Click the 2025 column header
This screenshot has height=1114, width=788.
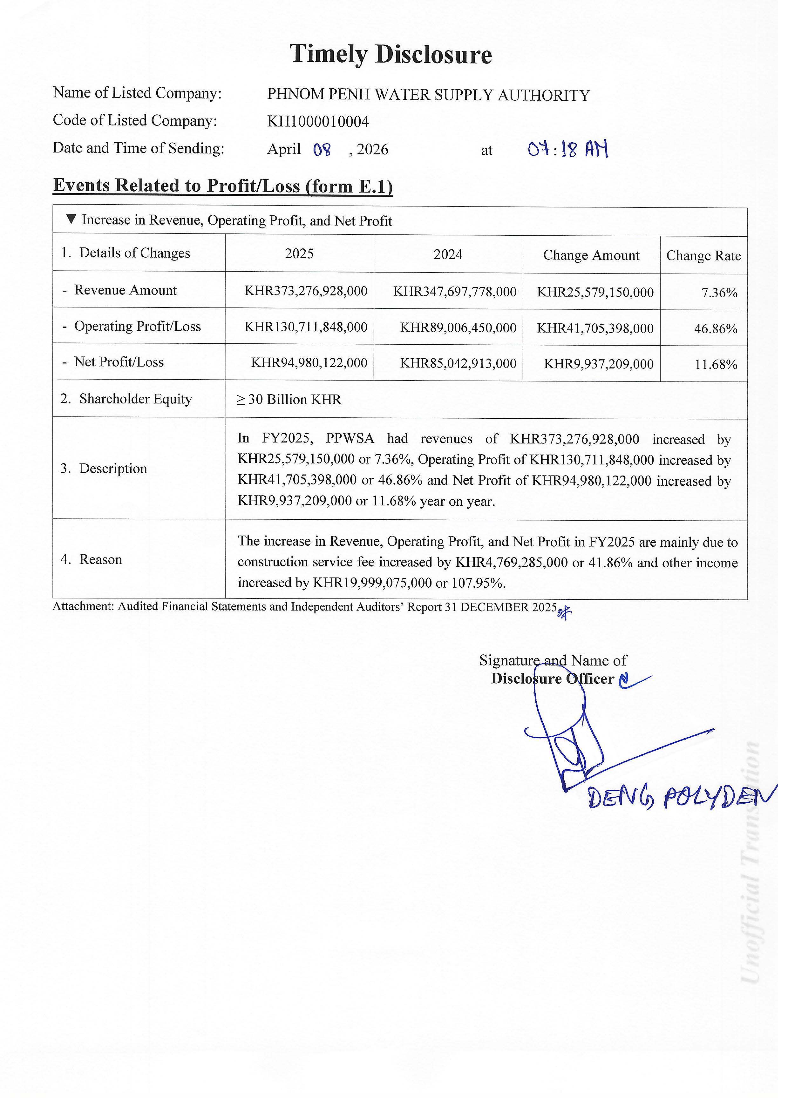[x=299, y=254]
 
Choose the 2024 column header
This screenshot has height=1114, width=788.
[x=448, y=254]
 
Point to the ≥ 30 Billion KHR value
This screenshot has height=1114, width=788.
[x=289, y=399]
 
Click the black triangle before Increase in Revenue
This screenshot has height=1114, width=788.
[x=71, y=219]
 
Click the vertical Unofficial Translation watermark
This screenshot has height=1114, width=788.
[x=751, y=864]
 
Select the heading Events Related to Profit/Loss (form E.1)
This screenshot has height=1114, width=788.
[x=223, y=186]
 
